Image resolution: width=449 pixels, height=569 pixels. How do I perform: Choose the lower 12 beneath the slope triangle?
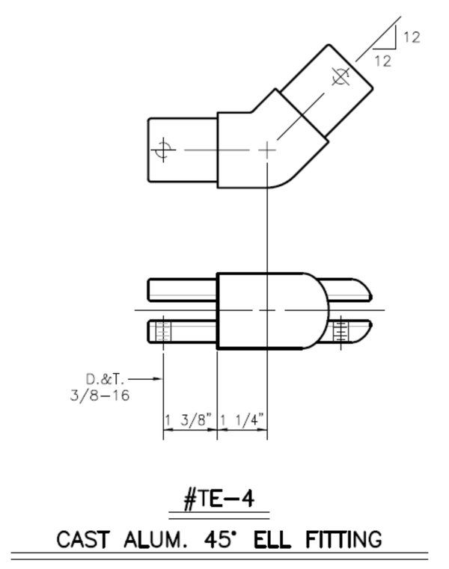click(382, 62)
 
